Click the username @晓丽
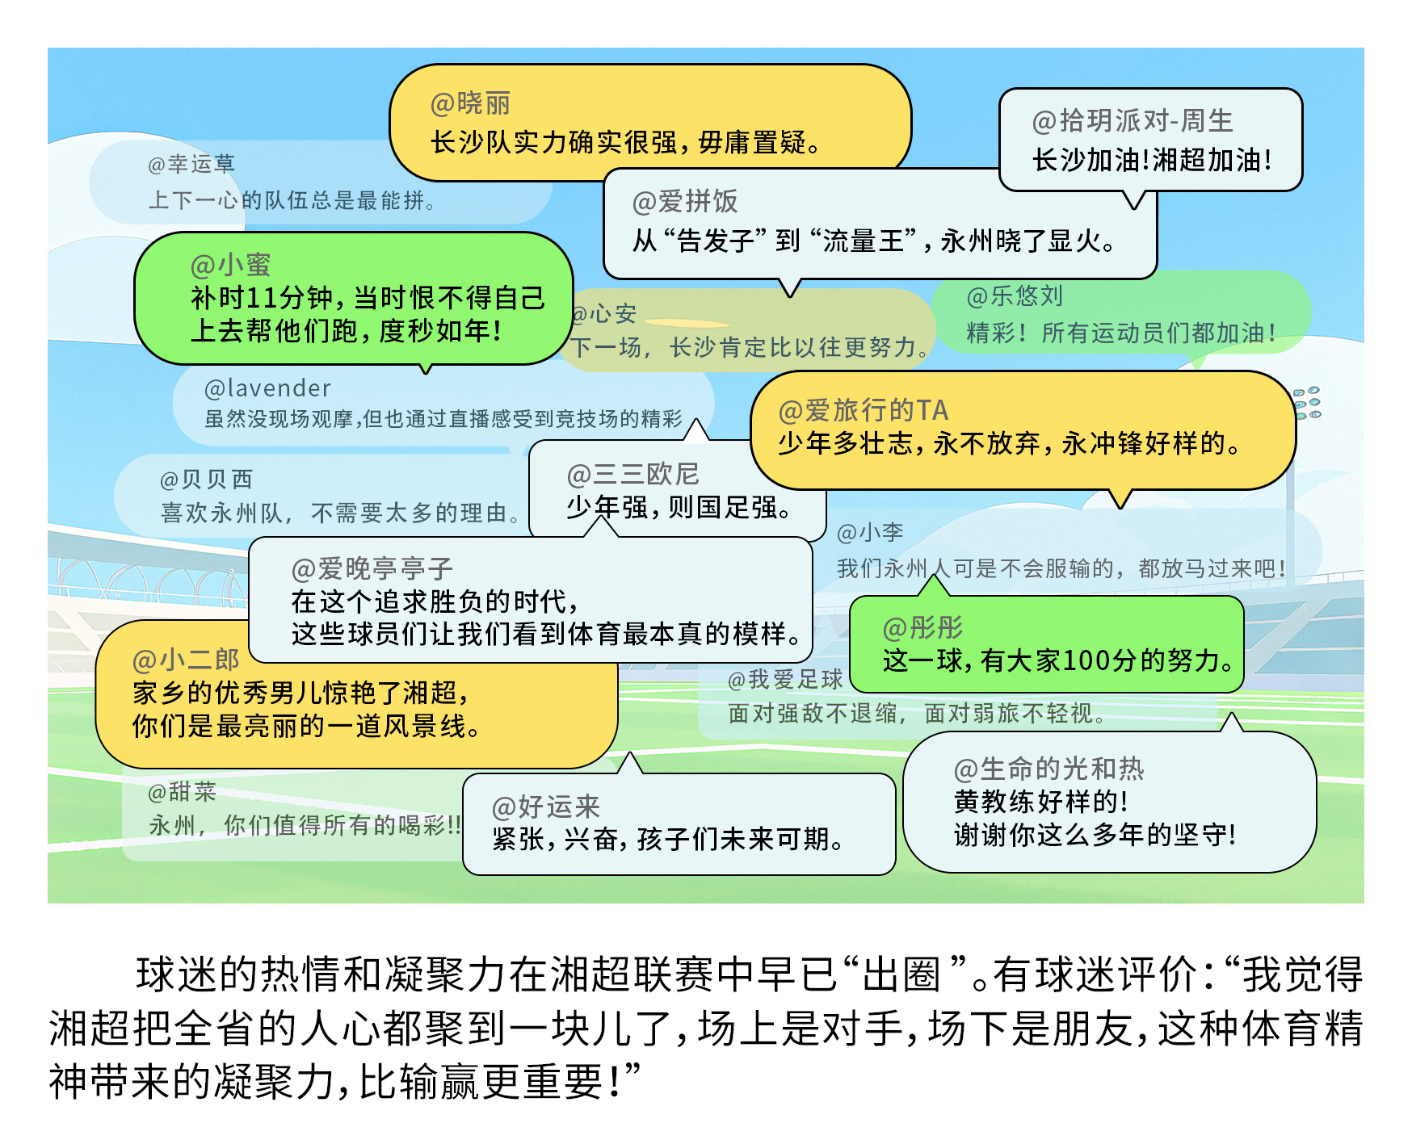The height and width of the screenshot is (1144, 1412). pos(470,104)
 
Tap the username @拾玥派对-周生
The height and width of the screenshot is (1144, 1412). pos(1133,121)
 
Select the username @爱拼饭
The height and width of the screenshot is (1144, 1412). pos(685,202)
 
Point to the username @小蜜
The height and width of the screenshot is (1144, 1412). pos(230,265)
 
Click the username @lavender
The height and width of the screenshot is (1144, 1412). pos(267,389)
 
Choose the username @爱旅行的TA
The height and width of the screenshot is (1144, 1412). pos(863,410)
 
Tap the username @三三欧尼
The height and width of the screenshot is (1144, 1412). pos(632,474)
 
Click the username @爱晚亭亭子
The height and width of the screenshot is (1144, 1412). pos(372,569)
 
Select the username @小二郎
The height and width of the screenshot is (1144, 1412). pos(186,660)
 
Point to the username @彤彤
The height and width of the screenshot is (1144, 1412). pos(922,627)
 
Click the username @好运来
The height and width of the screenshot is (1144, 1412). pos(546,807)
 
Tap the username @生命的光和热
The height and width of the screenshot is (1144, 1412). pos(1048,769)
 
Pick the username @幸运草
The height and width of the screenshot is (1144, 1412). pos(191,165)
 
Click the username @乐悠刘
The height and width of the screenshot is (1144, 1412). pos(1015,296)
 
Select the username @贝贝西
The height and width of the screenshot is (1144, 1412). pos(206,480)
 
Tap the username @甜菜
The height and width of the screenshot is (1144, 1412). pos(183,792)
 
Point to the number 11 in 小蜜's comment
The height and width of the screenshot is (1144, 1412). pos(263,299)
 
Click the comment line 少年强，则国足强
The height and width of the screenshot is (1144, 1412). pos(679,508)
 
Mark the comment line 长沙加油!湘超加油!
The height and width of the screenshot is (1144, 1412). pos(1152,161)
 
